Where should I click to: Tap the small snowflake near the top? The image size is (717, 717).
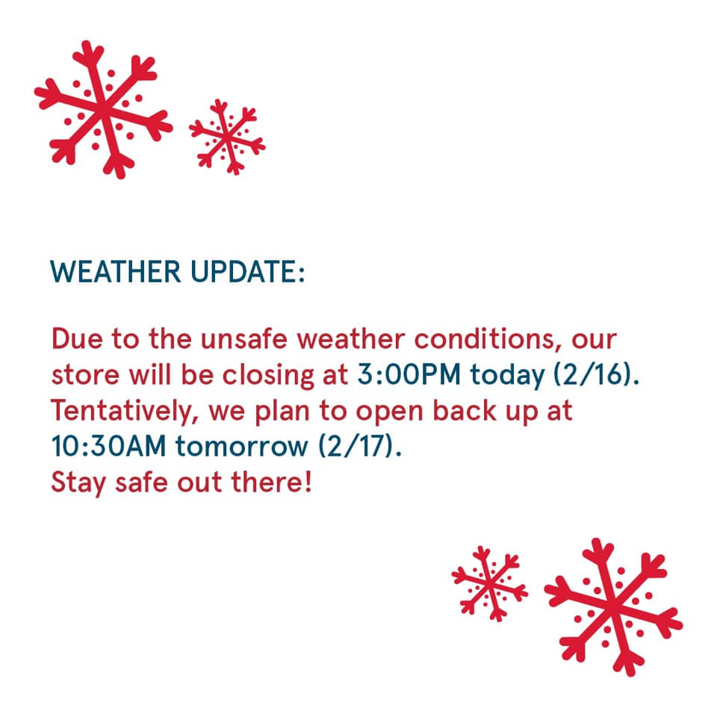pyautogui.click(x=227, y=137)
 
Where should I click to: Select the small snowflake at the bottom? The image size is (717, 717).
pyautogui.click(x=490, y=583)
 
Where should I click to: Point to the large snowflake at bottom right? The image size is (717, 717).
pyautogui.click(x=614, y=606)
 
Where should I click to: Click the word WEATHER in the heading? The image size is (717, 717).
pyautogui.click(x=116, y=272)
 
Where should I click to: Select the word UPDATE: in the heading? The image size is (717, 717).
pyautogui.click(x=247, y=272)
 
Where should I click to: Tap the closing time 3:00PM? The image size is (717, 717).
pyautogui.click(x=409, y=374)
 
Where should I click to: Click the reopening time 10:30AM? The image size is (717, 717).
pyautogui.click(x=108, y=446)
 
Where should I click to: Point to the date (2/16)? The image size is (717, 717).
pyautogui.click(x=596, y=375)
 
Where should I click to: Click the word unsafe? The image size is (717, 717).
pyautogui.click(x=244, y=339)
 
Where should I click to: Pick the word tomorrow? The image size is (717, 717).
pyautogui.click(x=242, y=447)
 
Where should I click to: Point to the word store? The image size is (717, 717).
pyautogui.click(x=85, y=376)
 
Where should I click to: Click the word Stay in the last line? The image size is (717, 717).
pyautogui.click(x=78, y=483)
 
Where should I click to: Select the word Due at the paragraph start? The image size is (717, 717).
pyautogui.click(x=77, y=339)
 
